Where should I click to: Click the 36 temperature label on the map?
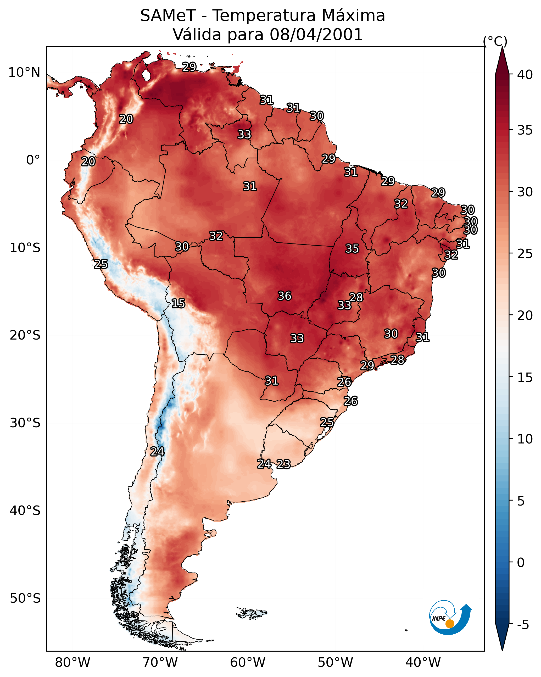285,296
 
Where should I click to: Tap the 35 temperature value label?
352,249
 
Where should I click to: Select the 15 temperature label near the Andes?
178,303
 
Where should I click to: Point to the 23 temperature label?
283,464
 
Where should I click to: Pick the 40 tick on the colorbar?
525,75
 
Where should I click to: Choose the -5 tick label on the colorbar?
523,625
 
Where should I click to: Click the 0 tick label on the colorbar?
521,563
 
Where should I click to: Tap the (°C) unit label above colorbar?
495,41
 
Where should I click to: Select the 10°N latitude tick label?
24,73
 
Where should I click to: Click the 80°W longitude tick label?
72,662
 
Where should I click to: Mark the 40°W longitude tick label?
423,662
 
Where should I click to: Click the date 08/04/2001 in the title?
316,35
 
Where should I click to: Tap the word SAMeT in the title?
168,16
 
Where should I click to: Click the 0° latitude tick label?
33,160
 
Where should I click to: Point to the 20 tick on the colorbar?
525,315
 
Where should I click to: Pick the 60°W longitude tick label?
248,662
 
